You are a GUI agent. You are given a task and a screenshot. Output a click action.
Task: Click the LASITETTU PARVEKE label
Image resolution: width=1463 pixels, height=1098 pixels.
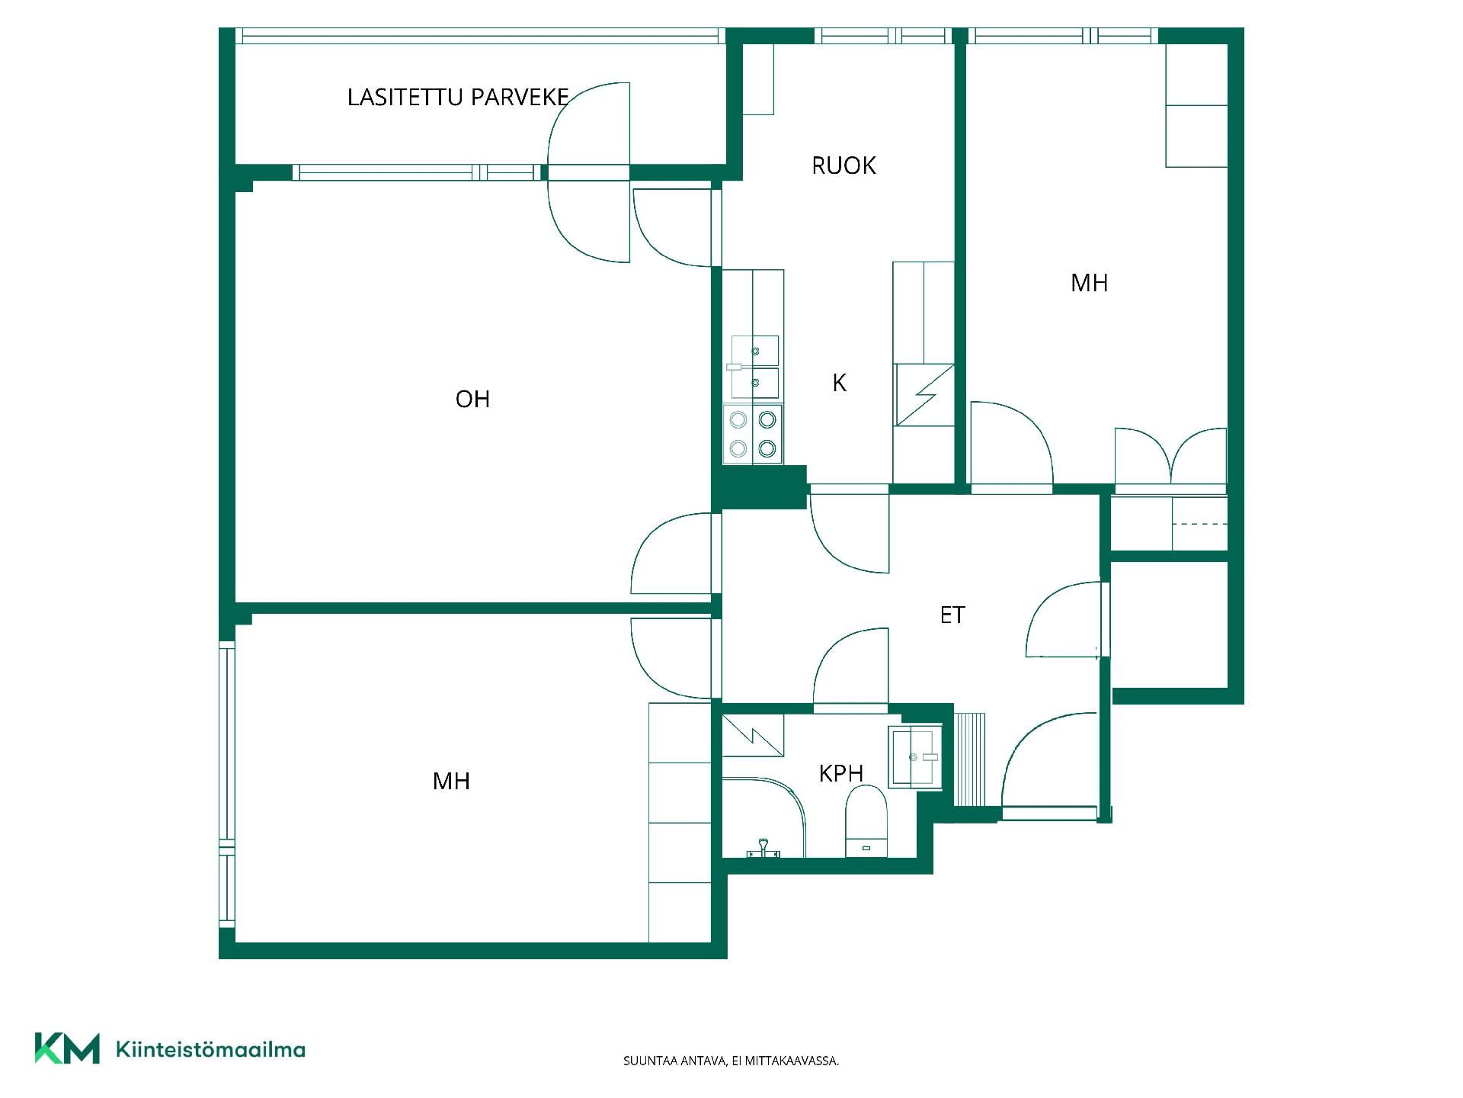click(458, 98)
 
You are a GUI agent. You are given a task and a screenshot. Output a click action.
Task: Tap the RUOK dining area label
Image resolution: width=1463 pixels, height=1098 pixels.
click(844, 165)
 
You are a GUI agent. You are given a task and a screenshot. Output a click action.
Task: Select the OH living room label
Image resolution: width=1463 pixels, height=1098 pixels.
click(472, 399)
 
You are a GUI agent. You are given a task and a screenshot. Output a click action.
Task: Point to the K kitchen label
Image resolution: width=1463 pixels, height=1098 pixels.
click(839, 383)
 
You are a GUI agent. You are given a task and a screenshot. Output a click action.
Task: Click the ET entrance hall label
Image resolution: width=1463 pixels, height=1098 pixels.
click(952, 615)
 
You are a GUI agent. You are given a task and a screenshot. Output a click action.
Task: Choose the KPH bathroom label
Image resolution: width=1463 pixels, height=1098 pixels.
click(841, 773)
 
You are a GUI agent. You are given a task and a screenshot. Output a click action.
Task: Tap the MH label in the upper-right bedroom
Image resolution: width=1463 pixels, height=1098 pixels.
click(1089, 283)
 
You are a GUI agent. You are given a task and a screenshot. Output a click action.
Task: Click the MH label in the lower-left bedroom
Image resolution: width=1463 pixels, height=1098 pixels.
click(451, 781)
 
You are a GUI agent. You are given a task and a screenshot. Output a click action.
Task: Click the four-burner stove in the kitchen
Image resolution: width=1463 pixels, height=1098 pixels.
click(753, 434)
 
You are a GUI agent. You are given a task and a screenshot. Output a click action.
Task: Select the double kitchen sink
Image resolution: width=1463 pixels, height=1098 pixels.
click(755, 367)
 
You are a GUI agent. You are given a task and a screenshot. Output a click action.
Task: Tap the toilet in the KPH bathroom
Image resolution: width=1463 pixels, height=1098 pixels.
click(867, 821)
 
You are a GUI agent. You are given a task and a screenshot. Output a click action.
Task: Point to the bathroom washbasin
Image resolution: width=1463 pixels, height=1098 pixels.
click(915, 756)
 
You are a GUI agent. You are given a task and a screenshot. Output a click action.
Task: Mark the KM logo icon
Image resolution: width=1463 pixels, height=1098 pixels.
click(67, 1048)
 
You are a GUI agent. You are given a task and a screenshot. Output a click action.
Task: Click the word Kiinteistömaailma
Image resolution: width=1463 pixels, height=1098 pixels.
click(210, 1050)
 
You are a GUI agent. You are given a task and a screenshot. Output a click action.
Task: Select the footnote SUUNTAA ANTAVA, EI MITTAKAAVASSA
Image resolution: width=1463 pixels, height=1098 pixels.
click(731, 1061)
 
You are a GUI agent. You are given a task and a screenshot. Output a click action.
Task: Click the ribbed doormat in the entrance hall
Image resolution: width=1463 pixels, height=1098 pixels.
click(970, 759)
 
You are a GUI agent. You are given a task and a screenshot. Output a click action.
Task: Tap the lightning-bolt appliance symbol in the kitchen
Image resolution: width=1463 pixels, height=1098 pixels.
click(924, 395)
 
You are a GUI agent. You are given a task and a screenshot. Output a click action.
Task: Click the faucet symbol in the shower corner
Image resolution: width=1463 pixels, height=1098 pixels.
click(763, 848)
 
